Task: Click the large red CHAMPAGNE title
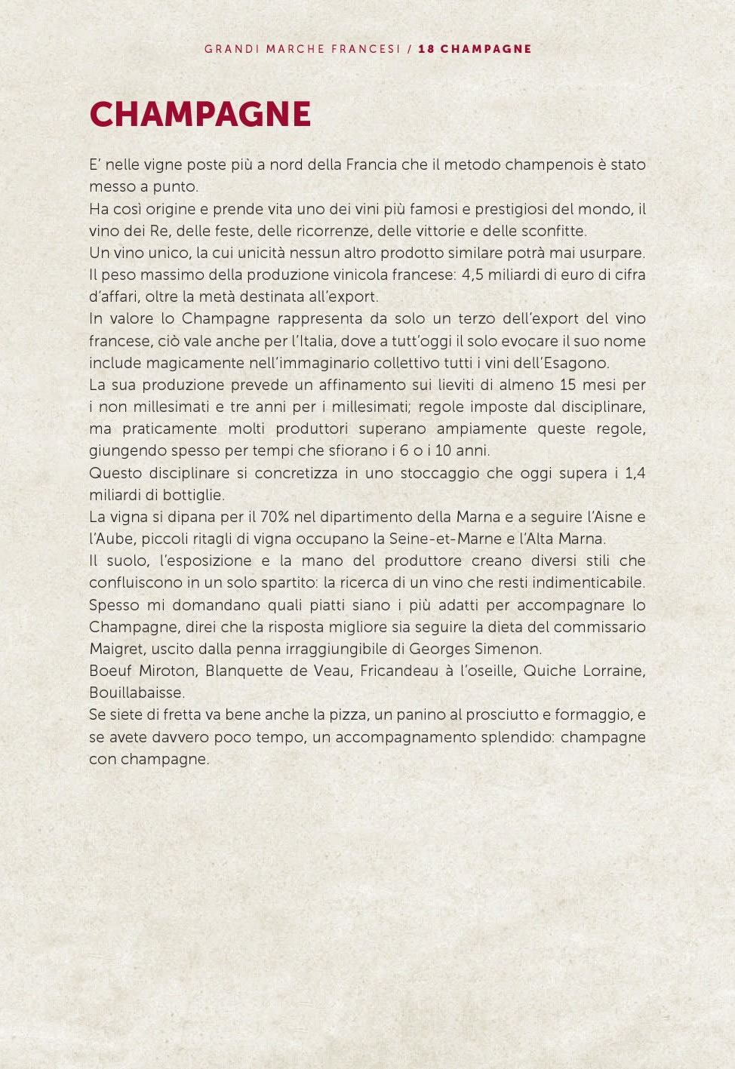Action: tap(200, 115)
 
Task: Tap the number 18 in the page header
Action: tap(426, 49)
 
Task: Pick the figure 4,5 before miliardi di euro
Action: tap(472, 275)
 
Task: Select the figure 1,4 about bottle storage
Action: tap(635, 473)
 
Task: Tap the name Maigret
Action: tap(115, 649)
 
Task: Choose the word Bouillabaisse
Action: tap(137, 693)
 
